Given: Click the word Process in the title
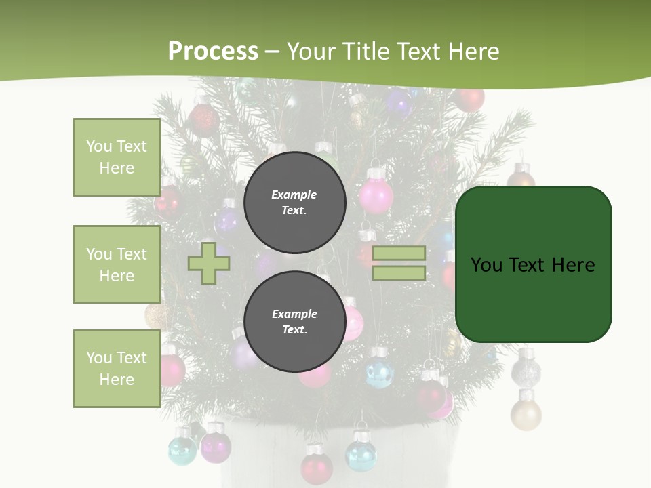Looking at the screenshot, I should point(213,51).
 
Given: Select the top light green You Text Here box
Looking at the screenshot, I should point(117,157).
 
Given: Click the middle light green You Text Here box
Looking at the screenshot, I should point(117,264).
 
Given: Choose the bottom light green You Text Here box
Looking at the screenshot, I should point(117,369).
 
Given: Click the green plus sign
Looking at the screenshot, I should point(209,264).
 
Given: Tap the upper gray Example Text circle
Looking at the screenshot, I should point(294,203).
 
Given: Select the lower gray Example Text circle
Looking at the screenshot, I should point(294,322).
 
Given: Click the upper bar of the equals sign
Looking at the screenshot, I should point(399,253).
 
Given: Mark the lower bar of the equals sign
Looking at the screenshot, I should point(399,273).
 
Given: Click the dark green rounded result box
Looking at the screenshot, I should point(533,264).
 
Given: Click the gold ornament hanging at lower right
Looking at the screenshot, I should point(526,413).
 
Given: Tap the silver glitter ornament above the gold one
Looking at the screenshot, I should point(526,370).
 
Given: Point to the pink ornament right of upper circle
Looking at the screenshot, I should point(376,195).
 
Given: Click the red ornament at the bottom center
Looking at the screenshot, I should point(316,467).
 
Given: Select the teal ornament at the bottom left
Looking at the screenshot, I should point(182,450).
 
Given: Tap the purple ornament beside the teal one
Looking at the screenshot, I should point(216,446).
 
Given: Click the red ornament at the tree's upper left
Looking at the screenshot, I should point(202,120).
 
